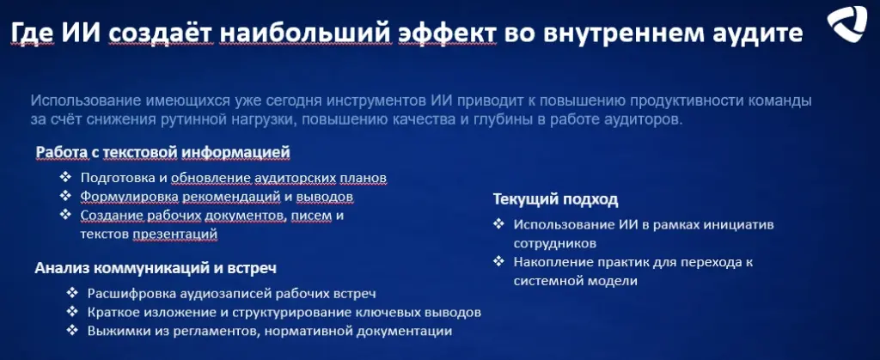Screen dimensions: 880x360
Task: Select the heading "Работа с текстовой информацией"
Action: (162, 152)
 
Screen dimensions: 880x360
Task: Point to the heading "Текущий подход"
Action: (556, 199)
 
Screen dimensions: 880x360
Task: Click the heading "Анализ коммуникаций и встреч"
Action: (156, 268)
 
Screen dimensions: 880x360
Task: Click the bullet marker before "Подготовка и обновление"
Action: (66, 177)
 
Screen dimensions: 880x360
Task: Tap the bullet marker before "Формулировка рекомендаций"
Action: (66, 196)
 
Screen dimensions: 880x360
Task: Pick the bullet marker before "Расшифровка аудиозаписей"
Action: (72, 293)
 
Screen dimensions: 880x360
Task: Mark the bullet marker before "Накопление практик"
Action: (499, 261)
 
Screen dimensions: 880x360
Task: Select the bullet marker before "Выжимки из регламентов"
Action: (72, 330)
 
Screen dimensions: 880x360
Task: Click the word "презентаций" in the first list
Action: (175, 235)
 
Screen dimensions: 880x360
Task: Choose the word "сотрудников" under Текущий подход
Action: (554, 244)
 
